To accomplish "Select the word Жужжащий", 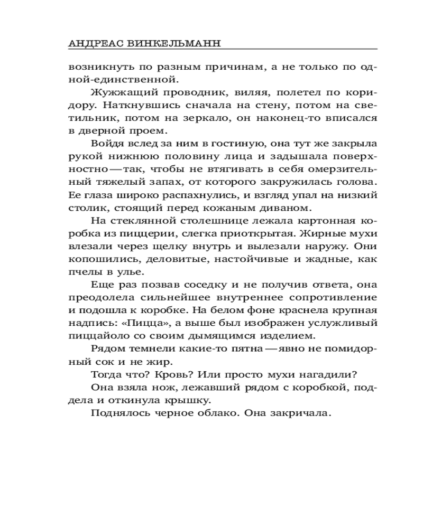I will coord(117,92).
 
